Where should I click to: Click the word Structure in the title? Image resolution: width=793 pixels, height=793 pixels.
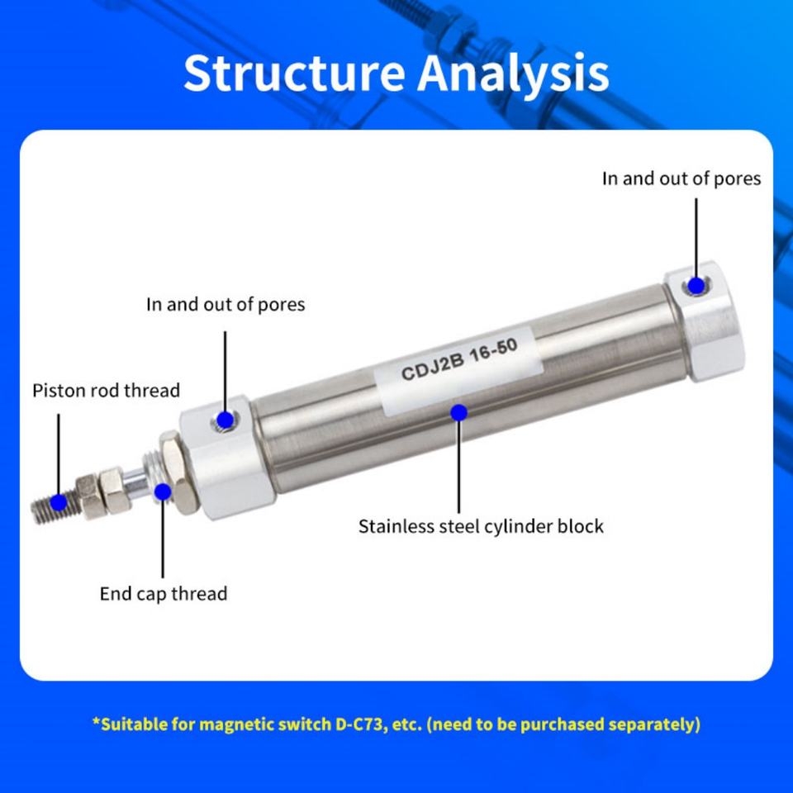coord(294,73)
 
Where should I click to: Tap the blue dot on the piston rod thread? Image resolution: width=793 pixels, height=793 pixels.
coord(59,502)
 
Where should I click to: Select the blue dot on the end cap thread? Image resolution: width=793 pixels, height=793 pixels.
coord(163,491)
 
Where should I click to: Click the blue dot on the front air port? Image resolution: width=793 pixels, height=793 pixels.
coord(225,420)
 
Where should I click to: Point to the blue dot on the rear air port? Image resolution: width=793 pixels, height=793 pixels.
coord(696,286)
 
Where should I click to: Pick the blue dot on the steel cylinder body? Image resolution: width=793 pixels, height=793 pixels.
coord(458,413)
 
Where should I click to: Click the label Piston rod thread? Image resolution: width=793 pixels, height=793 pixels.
coord(107,391)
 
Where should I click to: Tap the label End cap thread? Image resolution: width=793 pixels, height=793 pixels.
coord(164,594)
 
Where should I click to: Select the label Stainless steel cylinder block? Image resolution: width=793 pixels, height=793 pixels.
coord(481,526)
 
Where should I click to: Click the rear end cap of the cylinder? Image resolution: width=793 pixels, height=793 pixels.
coord(705,321)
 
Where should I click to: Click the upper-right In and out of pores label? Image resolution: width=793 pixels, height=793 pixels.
coord(681,178)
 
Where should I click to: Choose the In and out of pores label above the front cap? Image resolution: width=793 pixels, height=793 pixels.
coord(226,305)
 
